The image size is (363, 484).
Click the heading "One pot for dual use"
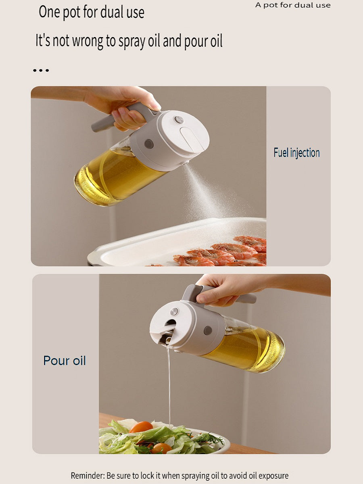[92, 12]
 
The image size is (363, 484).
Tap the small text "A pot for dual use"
[293, 5]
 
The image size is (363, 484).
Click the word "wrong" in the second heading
[88, 41]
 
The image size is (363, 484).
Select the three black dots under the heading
[41, 71]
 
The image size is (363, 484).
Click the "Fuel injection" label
[297, 152]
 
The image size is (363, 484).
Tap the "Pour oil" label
[65, 361]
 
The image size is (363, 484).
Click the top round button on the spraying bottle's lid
[179, 120]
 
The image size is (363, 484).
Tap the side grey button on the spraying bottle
[149, 144]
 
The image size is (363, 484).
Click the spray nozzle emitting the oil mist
[186, 163]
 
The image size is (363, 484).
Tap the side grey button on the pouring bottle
[208, 330]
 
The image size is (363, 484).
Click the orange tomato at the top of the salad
[141, 427]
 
